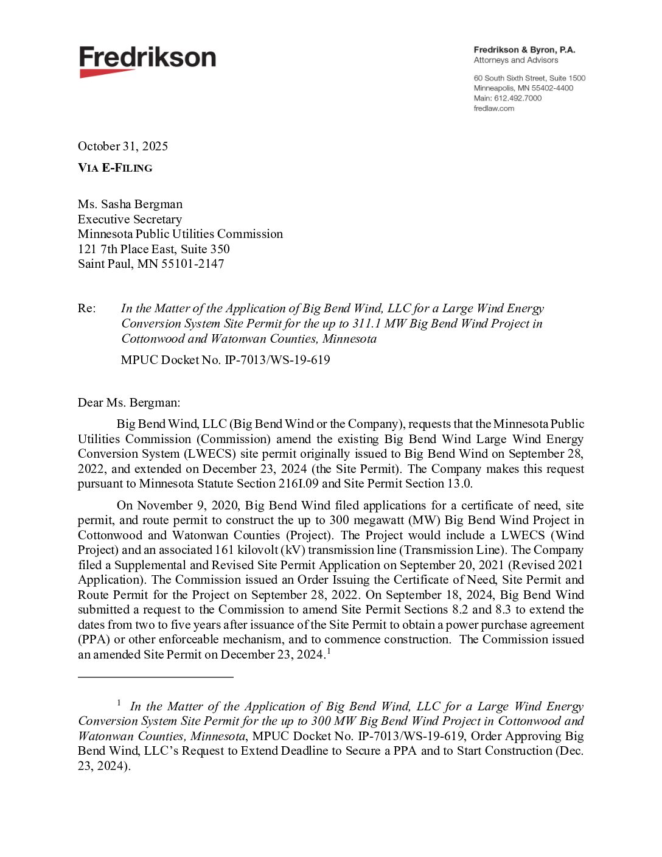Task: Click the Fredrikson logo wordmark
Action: click(147, 57)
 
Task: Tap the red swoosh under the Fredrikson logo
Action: click(106, 73)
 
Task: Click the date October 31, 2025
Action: click(123, 146)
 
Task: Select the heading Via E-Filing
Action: click(115, 168)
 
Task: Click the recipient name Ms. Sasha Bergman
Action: click(130, 204)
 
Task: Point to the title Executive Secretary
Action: click(130, 219)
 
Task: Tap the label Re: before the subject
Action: click(86, 308)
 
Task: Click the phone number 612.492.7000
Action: click(517, 98)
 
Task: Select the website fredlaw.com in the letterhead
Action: click(493, 108)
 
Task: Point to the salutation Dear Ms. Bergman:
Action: click(129, 402)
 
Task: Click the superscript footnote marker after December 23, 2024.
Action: click(329, 651)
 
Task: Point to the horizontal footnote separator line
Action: click(156, 676)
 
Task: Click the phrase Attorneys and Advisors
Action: click(516, 60)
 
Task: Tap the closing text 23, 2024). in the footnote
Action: click(104, 766)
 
